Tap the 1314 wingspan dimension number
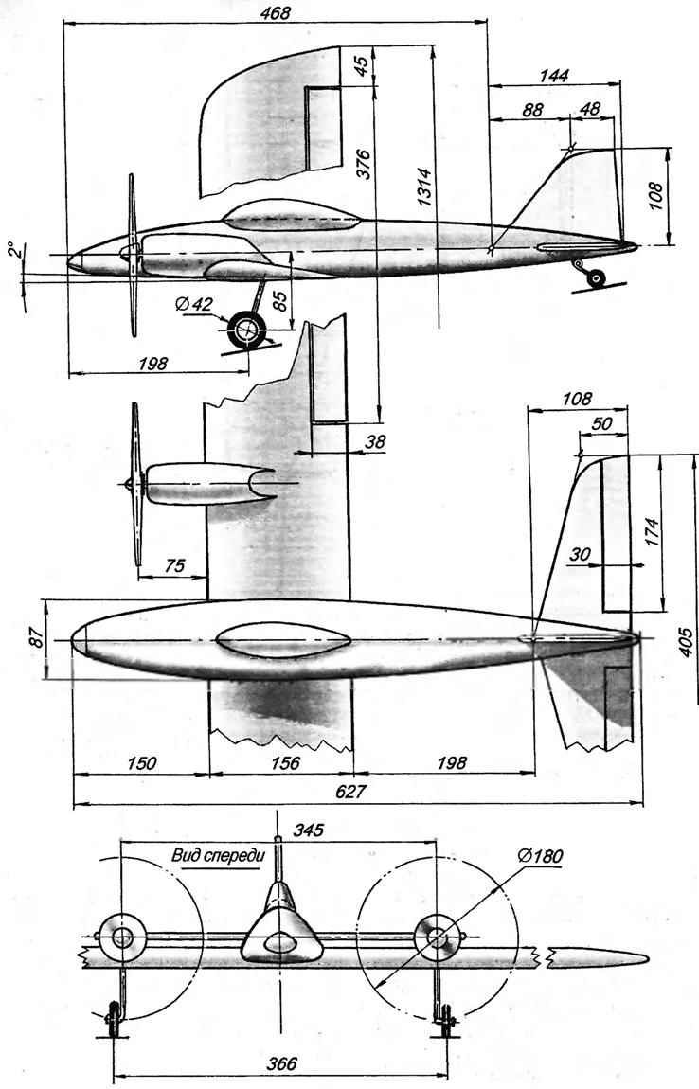(423, 187)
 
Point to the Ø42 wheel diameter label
(201, 304)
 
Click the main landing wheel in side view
(246, 330)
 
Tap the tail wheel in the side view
(595, 277)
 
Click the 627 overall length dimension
(350, 792)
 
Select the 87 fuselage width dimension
(36, 637)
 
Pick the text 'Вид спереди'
(217, 856)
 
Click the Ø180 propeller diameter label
(540, 856)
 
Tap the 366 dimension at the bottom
(281, 1063)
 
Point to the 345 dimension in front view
(309, 830)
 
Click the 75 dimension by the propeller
(174, 566)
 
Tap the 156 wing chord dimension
(284, 762)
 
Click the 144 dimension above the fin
(553, 75)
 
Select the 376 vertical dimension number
(364, 164)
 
